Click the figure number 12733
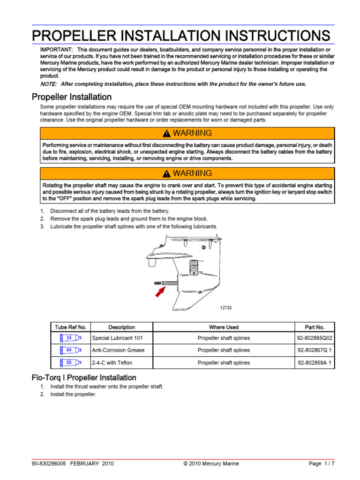[226, 308]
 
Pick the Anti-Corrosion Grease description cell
[118, 350]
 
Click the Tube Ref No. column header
[70, 327]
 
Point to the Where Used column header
[224, 327]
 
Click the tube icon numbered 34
[70, 337]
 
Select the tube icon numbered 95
[70, 362]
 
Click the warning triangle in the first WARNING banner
[166, 134]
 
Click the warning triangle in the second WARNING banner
[166, 174]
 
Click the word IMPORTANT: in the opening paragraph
[56, 50]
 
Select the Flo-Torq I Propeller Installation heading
[84, 377]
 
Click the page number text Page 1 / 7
[322, 464]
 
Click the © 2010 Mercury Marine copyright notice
[211, 464]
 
